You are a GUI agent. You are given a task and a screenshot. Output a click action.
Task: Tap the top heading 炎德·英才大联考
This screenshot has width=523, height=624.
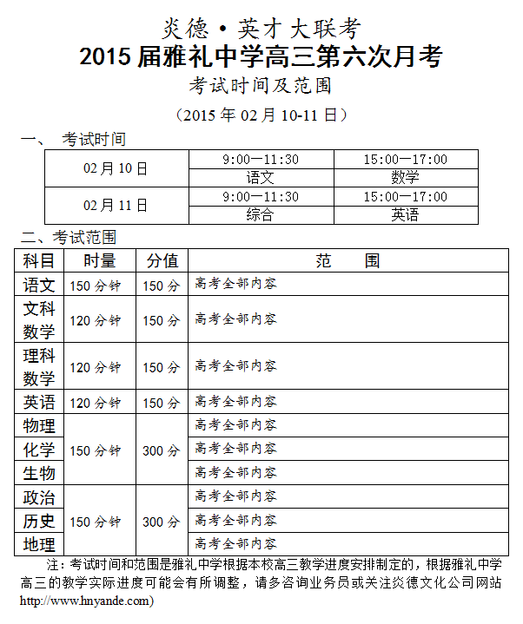tap(261, 28)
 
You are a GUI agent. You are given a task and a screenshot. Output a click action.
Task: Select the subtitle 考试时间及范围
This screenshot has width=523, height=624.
tap(261, 86)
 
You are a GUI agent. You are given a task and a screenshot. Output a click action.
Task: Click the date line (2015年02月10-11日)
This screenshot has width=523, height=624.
tap(261, 115)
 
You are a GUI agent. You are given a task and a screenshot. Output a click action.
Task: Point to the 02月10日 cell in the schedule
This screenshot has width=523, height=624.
tap(116, 168)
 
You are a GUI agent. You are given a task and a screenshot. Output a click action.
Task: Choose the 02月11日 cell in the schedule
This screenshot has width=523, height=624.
tap(116, 206)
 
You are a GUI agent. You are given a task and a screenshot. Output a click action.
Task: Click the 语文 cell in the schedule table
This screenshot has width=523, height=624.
tap(260, 177)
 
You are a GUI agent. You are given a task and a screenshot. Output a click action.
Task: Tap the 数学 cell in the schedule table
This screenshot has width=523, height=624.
tap(405, 177)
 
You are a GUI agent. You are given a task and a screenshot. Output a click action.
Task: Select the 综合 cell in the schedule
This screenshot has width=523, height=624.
tap(260, 214)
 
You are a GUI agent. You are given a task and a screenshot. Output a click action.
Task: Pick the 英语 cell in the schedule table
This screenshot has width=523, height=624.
tap(405, 214)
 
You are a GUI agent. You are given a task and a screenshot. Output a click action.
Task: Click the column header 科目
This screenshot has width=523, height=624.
tap(39, 260)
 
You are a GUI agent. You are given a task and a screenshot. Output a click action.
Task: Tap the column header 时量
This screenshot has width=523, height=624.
tap(100, 260)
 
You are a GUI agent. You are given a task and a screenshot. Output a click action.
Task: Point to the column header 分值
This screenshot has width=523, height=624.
tap(162, 260)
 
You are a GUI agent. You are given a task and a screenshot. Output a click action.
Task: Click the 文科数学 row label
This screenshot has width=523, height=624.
tap(39, 319)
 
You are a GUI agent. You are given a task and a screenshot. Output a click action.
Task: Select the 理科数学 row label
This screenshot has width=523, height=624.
tap(39, 366)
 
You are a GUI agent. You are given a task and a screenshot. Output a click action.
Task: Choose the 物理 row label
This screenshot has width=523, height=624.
tap(39, 425)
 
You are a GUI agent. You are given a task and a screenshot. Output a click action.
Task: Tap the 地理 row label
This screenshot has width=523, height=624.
tap(39, 545)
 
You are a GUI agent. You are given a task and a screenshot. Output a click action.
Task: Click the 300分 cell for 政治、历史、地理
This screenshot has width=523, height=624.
tap(162, 522)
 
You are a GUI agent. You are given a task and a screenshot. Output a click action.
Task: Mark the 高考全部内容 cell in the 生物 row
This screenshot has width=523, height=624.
tap(236, 472)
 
